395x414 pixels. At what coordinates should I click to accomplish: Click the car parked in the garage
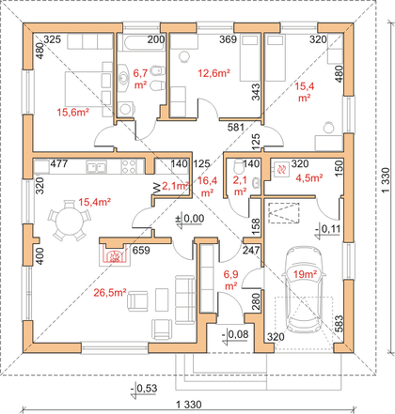click(x=303, y=290)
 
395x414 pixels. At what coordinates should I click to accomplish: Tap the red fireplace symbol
click(x=115, y=255)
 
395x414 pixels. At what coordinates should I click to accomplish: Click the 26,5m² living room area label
click(x=110, y=293)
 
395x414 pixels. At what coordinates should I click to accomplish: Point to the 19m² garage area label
click(x=305, y=274)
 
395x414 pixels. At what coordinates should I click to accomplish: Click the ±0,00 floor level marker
click(x=190, y=219)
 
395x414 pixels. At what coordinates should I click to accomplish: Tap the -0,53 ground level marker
click(x=144, y=389)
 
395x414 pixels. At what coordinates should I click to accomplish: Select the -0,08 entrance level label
click(x=235, y=334)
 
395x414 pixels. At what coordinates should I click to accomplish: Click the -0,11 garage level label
click(x=327, y=229)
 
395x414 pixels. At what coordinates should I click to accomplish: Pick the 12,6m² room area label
click(x=214, y=73)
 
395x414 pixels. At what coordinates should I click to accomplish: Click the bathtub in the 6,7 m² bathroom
click(x=141, y=43)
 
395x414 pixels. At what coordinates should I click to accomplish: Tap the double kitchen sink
click(x=97, y=166)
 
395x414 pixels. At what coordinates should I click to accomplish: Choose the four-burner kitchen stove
click(x=129, y=166)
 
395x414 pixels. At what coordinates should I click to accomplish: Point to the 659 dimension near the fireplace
click(x=141, y=251)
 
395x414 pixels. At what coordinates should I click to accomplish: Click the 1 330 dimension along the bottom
click(x=189, y=405)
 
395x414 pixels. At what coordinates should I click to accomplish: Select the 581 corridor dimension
click(x=236, y=127)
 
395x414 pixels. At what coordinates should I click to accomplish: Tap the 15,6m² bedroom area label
click(x=73, y=112)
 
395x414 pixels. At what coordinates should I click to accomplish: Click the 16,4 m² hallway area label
click(x=207, y=187)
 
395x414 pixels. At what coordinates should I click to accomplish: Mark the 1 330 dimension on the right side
click(x=386, y=180)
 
